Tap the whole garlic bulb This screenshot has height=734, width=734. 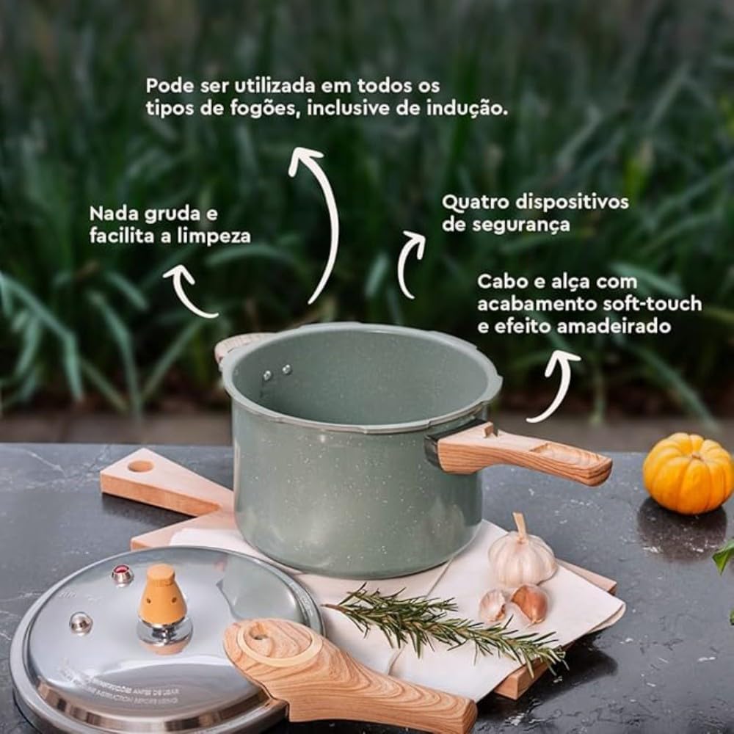pyautogui.click(x=522, y=558)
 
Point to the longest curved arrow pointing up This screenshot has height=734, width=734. pyautogui.click(x=320, y=220)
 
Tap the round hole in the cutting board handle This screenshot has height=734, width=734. pyautogui.click(x=139, y=465)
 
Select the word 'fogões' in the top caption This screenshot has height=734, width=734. pyautogui.click(x=264, y=109)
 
